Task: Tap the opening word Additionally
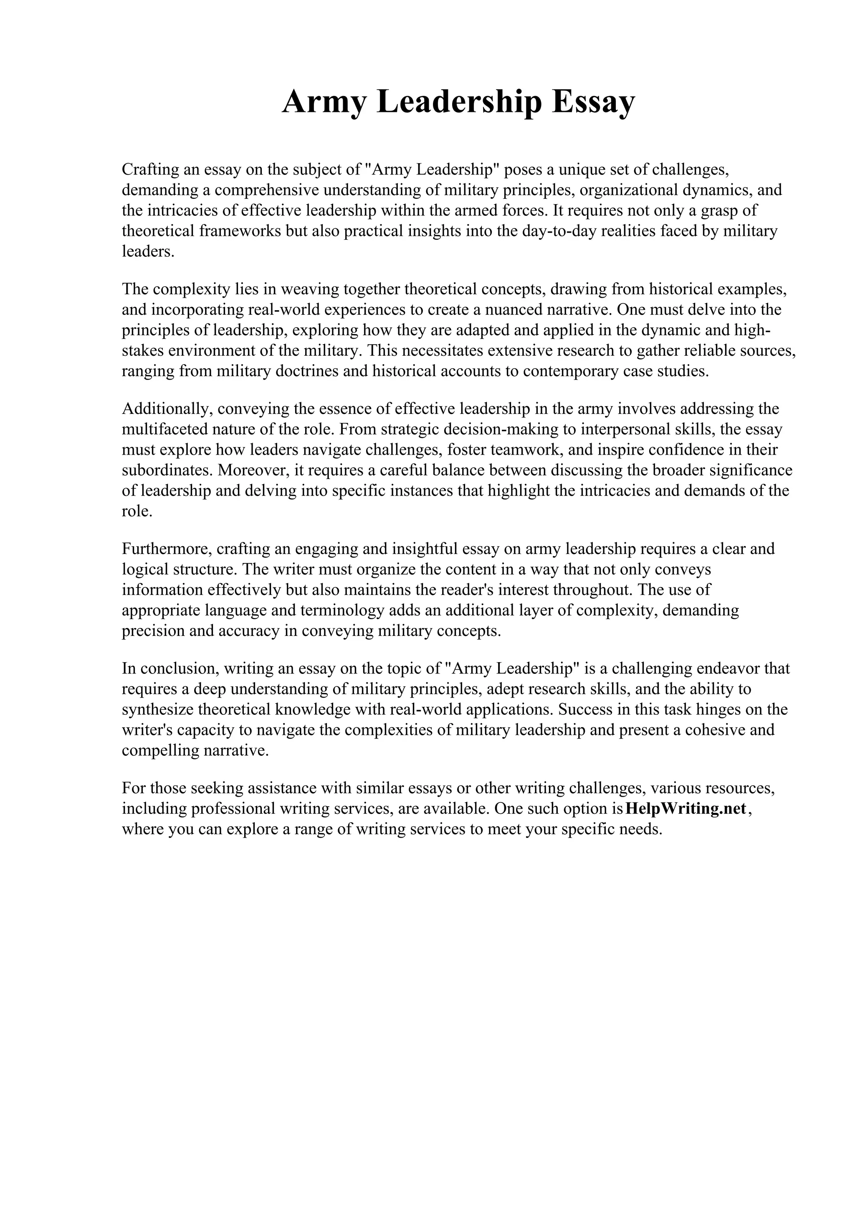pos(167,408)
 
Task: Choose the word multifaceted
pos(164,429)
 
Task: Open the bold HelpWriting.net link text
pos(685,808)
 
